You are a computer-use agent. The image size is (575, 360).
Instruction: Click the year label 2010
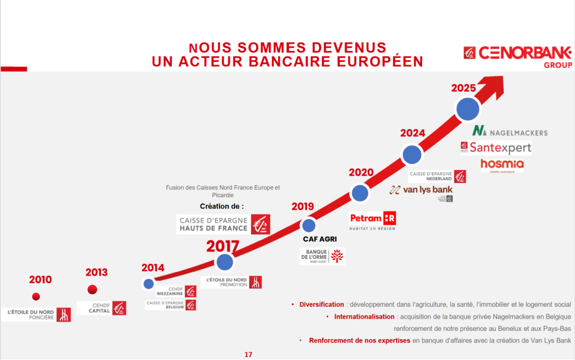click(x=40, y=280)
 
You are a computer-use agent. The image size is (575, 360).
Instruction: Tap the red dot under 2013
click(x=93, y=290)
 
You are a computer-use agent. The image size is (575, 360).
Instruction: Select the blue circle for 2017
click(x=225, y=262)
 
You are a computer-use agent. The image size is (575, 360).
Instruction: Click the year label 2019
click(x=303, y=207)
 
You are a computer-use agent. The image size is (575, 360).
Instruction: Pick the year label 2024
click(x=413, y=133)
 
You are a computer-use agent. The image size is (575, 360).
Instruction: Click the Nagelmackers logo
click(x=509, y=131)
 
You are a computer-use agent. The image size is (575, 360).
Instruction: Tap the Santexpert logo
click(x=496, y=148)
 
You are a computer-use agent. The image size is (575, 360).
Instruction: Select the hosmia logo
click(x=502, y=164)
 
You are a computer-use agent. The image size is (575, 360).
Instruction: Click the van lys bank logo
click(x=422, y=190)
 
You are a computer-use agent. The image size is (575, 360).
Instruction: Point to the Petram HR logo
click(x=373, y=220)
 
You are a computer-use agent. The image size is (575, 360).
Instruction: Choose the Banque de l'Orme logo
click(x=322, y=256)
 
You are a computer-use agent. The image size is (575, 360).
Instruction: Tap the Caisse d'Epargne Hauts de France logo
click(x=223, y=224)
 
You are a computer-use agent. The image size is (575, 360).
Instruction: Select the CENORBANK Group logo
click(x=517, y=56)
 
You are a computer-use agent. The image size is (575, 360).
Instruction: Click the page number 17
click(x=248, y=354)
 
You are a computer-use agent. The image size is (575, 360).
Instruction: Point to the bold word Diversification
click(x=321, y=304)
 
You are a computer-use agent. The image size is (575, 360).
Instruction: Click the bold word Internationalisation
click(x=364, y=317)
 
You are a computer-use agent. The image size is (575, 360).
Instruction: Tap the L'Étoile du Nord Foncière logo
click(x=39, y=315)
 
